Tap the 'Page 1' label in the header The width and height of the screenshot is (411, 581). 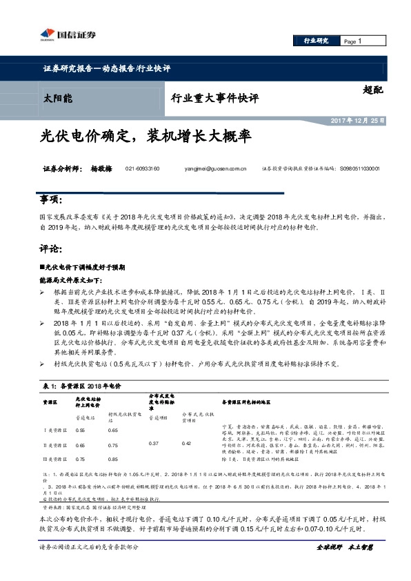click(x=353, y=42)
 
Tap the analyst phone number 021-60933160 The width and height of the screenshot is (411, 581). click(x=143, y=169)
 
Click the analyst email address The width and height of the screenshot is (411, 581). click(x=215, y=169)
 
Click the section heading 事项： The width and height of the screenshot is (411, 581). click(x=54, y=199)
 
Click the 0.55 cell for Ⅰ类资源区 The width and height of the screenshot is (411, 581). click(x=80, y=430)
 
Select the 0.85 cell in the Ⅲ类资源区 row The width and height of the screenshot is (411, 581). click(x=113, y=459)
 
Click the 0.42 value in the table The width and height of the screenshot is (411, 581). click(x=186, y=444)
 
